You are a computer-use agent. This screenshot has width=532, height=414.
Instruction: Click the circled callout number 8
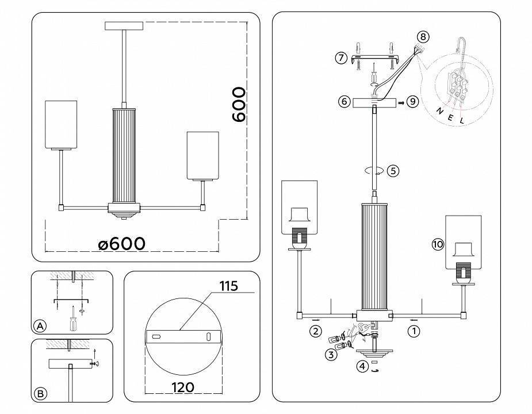point(423,37)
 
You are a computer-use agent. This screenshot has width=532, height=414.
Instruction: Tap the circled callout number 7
point(341,58)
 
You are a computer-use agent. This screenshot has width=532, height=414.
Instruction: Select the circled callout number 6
point(344,102)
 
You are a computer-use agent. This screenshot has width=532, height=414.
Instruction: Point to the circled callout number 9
point(412,102)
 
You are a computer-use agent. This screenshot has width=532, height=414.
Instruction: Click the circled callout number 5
point(393,171)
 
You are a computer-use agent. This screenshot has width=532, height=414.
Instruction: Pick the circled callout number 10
point(438,244)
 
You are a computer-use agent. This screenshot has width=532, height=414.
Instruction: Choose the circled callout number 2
point(315,331)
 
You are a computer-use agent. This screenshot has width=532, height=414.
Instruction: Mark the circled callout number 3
point(330,355)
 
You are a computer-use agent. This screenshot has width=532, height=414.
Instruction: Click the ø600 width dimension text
point(121,243)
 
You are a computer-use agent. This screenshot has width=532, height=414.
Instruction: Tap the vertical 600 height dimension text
point(238,105)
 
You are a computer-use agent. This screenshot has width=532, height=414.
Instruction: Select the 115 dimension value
point(228,286)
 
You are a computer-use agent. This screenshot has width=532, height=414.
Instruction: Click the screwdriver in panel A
point(72,319)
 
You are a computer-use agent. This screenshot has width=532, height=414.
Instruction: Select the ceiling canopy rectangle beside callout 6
point(374,102)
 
